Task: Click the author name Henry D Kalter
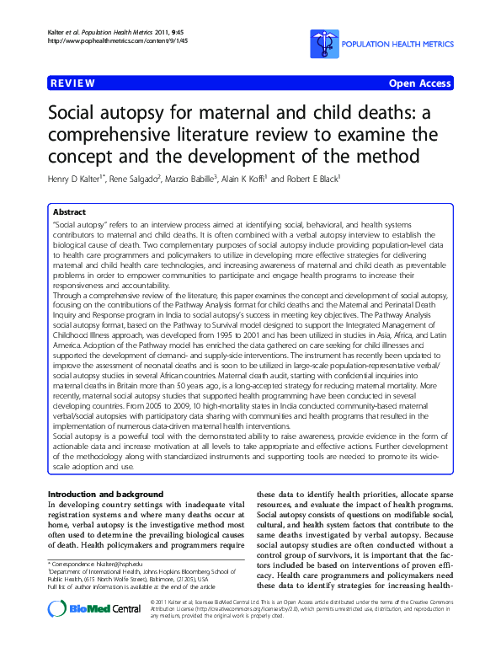click(x=84, y=179)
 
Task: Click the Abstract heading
click(x=70, y=211)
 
